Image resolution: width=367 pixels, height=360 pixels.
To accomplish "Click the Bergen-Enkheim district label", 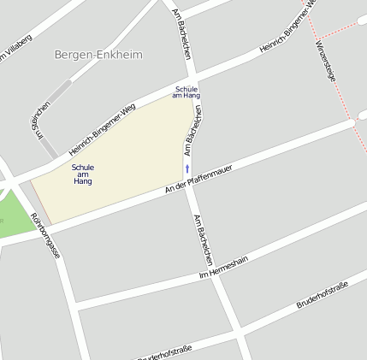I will (98, 55).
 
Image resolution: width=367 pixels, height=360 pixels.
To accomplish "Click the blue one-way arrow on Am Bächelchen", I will (187, 168).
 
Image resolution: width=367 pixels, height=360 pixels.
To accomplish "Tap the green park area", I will (10, 212).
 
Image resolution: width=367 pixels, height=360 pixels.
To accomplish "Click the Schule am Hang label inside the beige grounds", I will (83, 174).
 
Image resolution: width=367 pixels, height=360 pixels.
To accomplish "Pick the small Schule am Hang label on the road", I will (186, 92).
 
